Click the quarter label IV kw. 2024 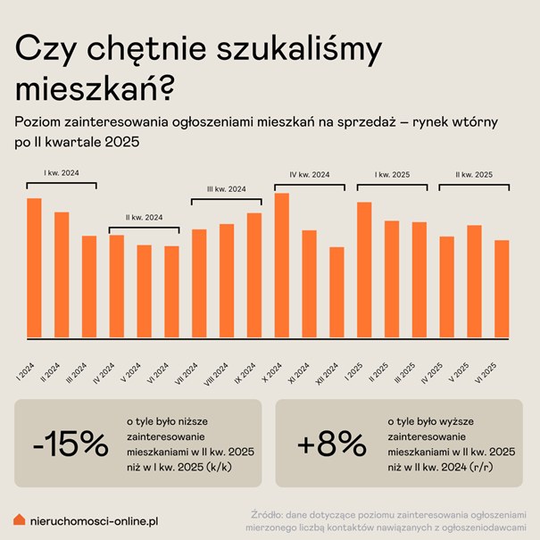[310, 174]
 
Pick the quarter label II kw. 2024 [145, 217]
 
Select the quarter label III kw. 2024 [227, 189]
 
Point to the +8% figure [330, 444]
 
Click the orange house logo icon [20, 519]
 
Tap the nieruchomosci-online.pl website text [94, 519]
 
